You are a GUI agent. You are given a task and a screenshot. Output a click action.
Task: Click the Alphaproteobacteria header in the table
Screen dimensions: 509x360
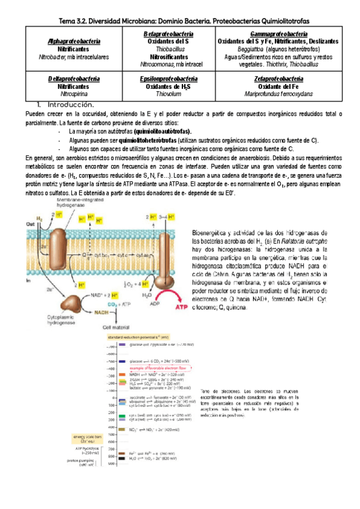pos(74,41)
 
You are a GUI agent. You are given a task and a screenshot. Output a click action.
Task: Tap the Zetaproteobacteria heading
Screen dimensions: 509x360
pos(278,79)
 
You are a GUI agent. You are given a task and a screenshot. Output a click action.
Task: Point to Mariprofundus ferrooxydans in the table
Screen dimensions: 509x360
pos(278,94)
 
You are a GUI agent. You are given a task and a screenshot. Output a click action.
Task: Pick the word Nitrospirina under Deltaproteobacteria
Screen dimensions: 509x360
pos(74,94)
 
